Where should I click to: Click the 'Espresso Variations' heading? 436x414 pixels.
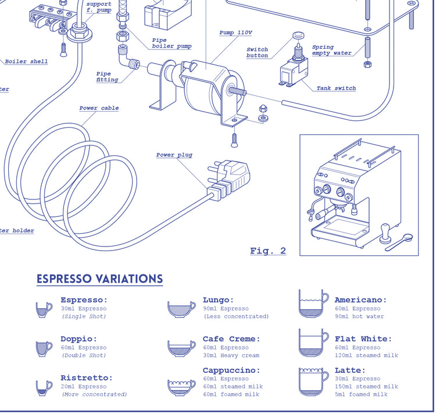pyautogui.click(x=99, y=279)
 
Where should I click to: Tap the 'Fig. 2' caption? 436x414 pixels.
pyautogui.click(x=268, y=251)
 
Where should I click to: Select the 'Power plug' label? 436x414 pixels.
pyautogui.click(x=174, y=155)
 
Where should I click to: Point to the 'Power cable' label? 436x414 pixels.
pyautogui.click(x=99, y=108)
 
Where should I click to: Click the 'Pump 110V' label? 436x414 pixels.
pyautogui.click(x=235, y=33)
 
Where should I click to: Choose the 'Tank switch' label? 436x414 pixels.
pyautogui.click(x=336, y=88)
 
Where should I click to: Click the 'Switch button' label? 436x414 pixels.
pyautogui.click(x=257, y=52)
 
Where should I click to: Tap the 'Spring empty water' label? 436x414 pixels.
pyautogui.click(x=331, y=50)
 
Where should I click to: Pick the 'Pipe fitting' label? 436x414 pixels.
pyautogui.click(x=107, y=77)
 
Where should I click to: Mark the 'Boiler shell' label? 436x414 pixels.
pyautogui.click(x=27, y=62)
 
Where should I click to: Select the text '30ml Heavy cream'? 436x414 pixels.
pyautogui.click(x=231, y=355)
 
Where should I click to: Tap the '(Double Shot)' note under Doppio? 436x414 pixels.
pyautogui.click(x=84, y=355)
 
